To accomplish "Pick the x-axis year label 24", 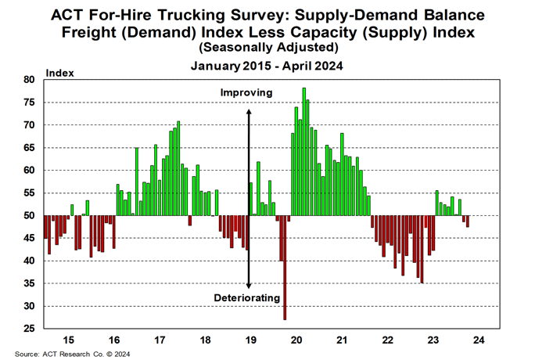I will click(477, 340).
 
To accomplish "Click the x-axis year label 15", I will click(69, 340).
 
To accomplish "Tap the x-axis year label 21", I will click(341, 340).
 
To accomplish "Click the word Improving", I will click(246, 92).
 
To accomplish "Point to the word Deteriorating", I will click(246, 298).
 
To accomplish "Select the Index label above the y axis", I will click(60, 73).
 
